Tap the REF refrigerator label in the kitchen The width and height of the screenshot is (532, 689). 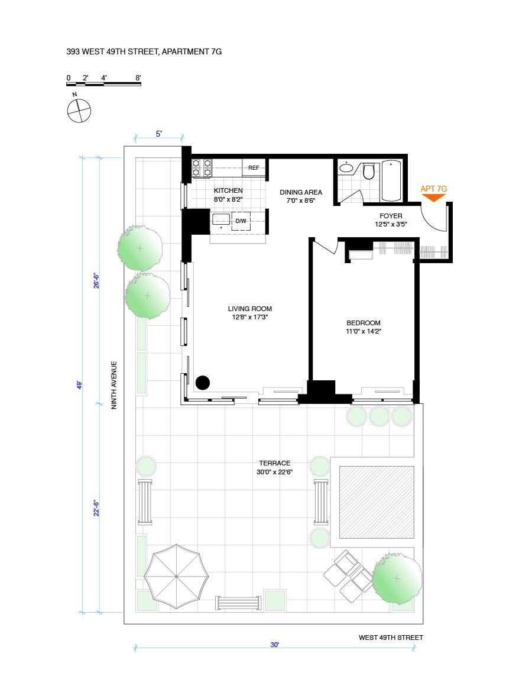tap(254, 168)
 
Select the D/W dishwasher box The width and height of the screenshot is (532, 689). tap(241, 221)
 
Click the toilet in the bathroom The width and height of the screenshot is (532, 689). tap(369, 172)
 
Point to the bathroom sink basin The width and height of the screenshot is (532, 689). tap(346, 169)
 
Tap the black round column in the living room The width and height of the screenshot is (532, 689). tap(202, 383)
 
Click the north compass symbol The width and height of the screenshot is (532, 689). tap(79, 110)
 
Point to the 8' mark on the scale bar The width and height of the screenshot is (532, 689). tap(138, 78)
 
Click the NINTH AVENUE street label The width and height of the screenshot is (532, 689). tap(115, 385)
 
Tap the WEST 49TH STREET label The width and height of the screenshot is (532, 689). tap(391, 638)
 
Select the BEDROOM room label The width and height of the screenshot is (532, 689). tap(363, 323)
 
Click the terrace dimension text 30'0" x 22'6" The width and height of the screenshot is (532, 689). tap(274, 472)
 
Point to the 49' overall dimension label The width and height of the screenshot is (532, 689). tap(79, 385)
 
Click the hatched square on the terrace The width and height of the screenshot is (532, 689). tap(376, 502)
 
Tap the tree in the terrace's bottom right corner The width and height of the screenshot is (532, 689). tap(397, 577)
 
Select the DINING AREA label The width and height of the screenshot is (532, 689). tap(301, 192)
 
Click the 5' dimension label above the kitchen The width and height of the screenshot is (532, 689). tap(158, 134)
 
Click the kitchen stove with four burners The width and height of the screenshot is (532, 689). tap(202, 168)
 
